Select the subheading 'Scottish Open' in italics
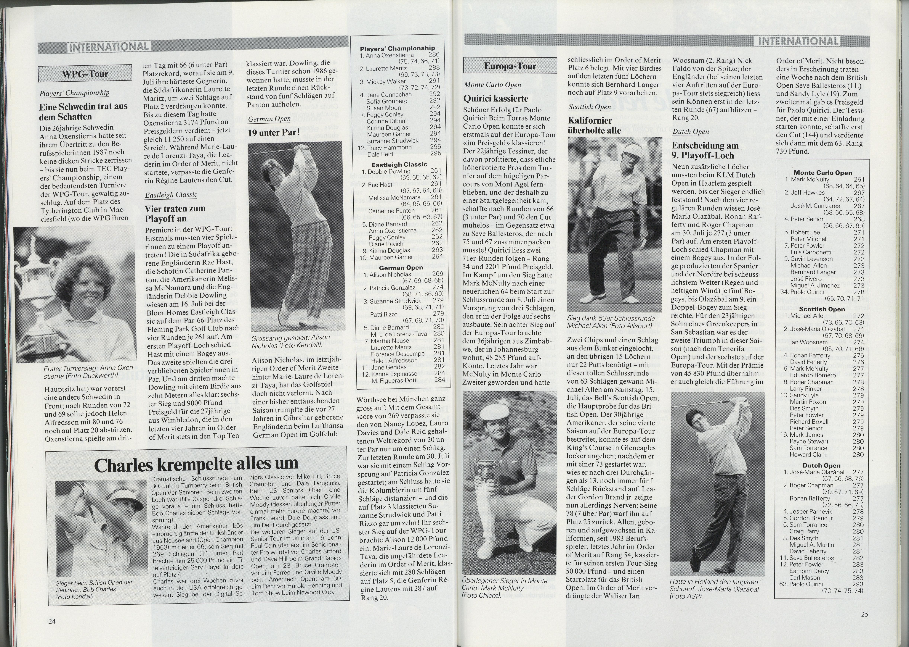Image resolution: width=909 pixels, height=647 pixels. [x=589, y=107]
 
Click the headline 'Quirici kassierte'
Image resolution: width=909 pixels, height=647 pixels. [x=496, y=98]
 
